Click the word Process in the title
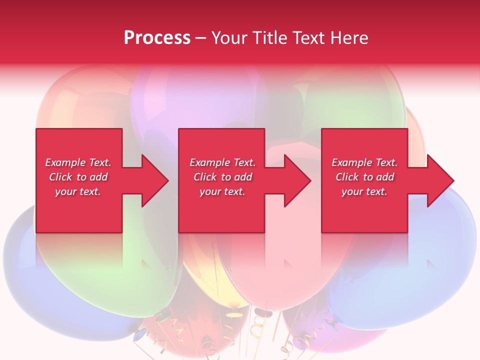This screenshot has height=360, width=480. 157,38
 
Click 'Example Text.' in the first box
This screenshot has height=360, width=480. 78,162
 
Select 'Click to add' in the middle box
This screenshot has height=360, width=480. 222,177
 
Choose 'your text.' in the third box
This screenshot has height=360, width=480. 364,191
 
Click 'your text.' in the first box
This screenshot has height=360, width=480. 78,191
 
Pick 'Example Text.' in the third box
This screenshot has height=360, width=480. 364,162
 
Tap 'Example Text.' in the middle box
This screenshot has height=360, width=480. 222,162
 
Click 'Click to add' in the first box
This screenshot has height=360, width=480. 78,177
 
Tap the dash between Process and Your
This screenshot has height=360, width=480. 200,38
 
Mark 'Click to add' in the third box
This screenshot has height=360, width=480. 364,177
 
